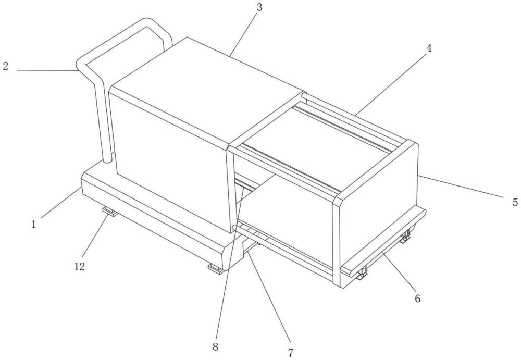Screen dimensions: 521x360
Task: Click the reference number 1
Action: pos(33,225)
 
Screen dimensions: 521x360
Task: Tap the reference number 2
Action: pos(5,66)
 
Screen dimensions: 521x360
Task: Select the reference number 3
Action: pos(259,7)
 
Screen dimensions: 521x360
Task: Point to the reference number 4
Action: pos(429,48)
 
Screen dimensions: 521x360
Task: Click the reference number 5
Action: pos(515,202)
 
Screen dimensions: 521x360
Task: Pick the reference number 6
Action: pos(418,299)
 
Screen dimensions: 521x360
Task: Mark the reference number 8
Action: pos(215,347)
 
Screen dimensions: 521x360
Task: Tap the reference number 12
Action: pos(79,266)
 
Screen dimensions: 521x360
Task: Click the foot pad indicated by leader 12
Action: pos(109,211)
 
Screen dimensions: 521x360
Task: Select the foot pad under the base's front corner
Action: pos(216,269)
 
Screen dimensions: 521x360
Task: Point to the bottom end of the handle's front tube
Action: pos(107,162)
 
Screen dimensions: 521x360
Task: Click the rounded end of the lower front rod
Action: pos(234,228)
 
